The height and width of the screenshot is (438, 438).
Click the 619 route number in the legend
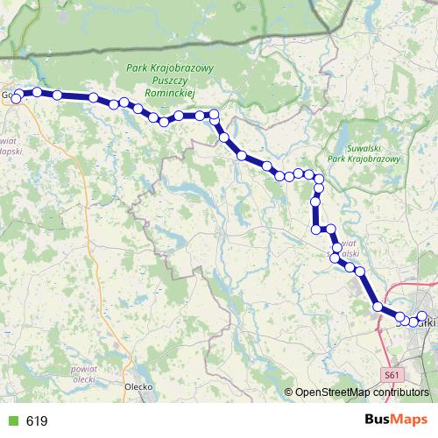(x=37, y=421)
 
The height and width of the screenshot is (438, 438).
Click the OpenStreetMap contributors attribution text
(x=359, y=392)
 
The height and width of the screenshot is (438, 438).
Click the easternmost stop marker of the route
(x=421, y=316)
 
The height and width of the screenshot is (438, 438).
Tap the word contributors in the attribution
(x=399, y=392)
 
